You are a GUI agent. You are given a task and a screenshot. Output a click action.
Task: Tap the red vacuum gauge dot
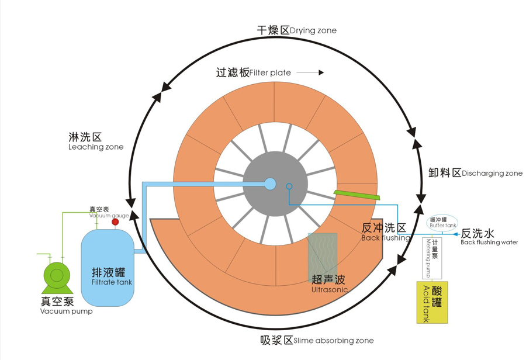point(115,221)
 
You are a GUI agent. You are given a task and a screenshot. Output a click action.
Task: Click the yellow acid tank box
point(432,302)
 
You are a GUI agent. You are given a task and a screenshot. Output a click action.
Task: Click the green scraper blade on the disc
point(357,194)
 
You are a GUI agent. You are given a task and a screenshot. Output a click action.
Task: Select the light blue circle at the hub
point(270,184)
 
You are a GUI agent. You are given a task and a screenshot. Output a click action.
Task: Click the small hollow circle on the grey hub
point(289,186)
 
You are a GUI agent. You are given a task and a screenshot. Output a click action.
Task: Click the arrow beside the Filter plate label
point(313,73)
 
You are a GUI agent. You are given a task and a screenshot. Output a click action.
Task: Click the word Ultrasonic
point(330,289)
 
